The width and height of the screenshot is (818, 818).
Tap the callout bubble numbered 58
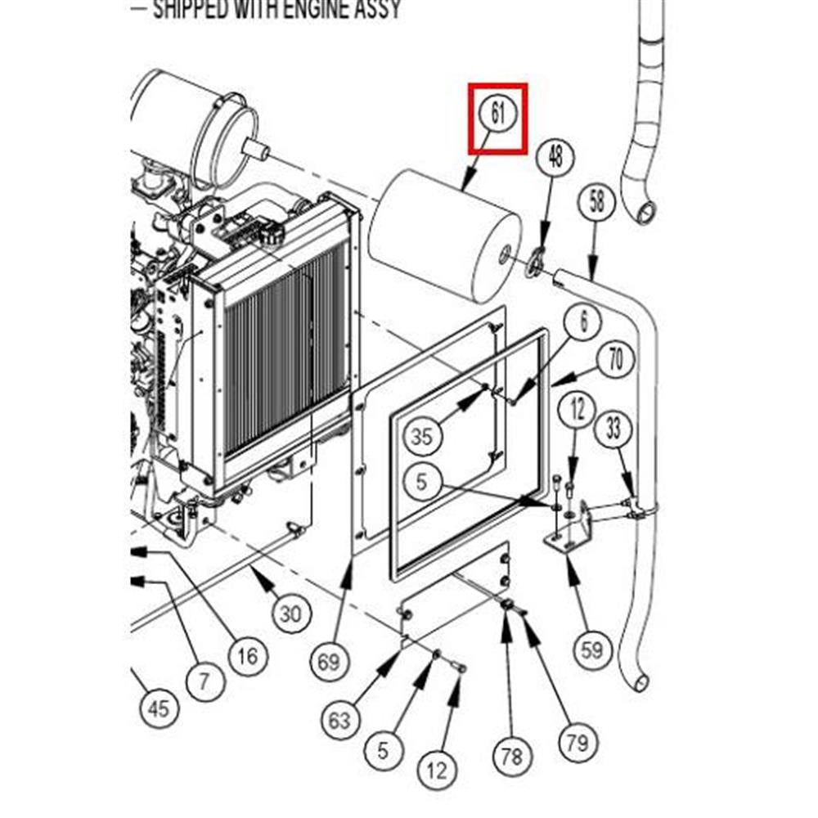[x=597, y=201]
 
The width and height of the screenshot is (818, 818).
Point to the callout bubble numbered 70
[x=616, y=360]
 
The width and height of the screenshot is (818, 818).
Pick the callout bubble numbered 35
[x=421, y=436]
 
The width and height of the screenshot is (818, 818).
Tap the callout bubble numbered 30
[x=291, y=613]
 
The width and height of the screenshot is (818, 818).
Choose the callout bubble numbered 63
[x=340, y=719]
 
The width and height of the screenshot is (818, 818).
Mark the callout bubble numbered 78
[x=511, y=756]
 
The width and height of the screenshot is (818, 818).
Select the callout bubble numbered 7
[x=204, y=678]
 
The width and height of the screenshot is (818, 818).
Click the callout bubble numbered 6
[x=584, y=321]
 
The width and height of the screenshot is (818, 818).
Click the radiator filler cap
[x=271, y=237]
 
